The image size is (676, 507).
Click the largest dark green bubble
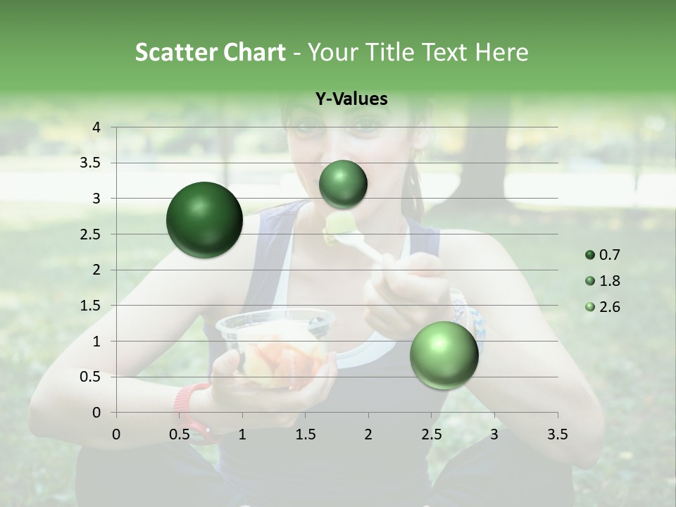[x=205, y=220]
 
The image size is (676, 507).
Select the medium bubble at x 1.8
[x=343, y=184]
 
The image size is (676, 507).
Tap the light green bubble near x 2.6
[x=444, y=355]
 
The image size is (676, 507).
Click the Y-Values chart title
[x=351, y=99]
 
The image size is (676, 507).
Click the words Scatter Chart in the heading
[x=210, y=52]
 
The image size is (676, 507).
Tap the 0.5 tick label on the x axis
[x=180, y=434]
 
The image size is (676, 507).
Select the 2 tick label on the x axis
[x=368, y=434]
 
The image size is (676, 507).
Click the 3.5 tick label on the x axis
[x=557, y=434]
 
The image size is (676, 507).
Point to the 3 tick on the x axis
[x=494, y=434]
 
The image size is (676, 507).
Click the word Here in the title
[x=501, y=52]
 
